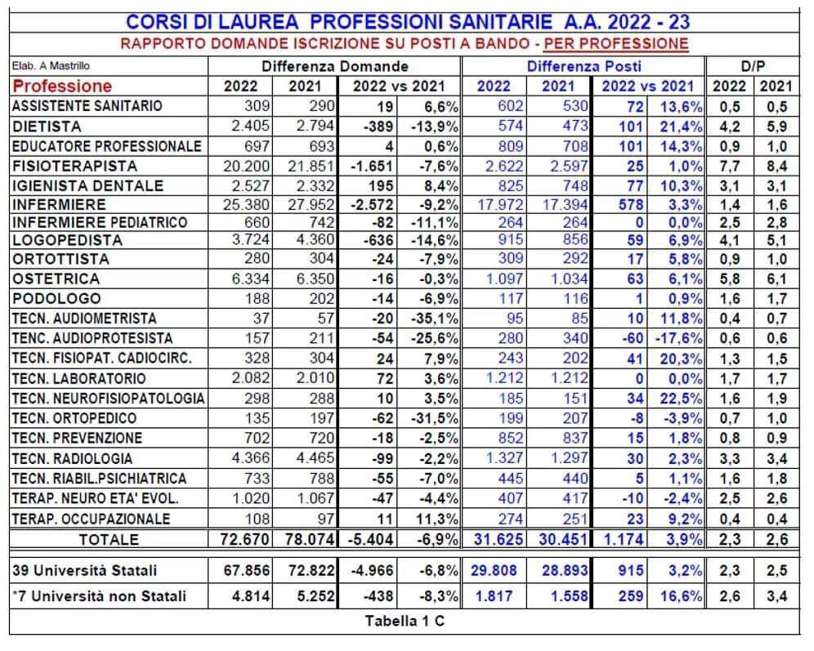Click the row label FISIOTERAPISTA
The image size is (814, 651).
(x=63, y=166)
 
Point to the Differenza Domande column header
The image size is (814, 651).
(x=335, y=66)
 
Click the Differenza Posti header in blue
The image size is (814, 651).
(x=584, y=66)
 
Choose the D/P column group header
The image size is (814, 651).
(x=750, y=66)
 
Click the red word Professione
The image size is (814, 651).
(x=63, y=86)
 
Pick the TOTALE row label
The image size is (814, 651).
(x=108, y=539)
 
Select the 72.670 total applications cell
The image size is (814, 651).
(x=240, y=539)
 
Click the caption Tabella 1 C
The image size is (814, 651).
(x=406, y=620)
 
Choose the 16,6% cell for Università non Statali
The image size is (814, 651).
(x=680, y=596)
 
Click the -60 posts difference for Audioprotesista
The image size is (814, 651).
(x=629, y=338)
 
